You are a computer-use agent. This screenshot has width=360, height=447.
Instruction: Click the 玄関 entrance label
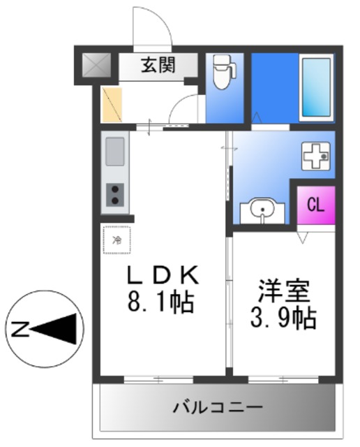coord(158,66)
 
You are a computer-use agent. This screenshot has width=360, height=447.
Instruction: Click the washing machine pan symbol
coord(315,156)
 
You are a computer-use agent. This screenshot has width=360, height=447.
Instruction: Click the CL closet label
coord(315,205)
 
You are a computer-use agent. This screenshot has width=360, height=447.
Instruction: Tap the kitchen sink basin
coord(115,151)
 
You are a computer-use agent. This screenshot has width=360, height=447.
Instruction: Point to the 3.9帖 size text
coord(283,318)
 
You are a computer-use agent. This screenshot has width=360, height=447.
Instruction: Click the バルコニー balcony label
coord(217,406)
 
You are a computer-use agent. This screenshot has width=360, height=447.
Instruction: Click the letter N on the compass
coord(21,327)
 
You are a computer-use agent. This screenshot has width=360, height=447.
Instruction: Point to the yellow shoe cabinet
coord(112,103)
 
